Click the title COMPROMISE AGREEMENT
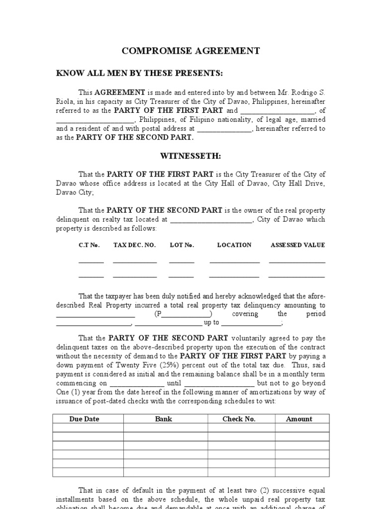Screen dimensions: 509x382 [191, 51]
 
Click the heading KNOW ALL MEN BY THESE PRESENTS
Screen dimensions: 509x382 [139, 74]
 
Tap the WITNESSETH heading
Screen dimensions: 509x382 [191, 156]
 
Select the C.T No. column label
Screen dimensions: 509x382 [90, 245]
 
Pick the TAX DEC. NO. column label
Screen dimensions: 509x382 [134, 245]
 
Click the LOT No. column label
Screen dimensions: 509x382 [182, 245]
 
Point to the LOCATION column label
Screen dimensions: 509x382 [234, 245]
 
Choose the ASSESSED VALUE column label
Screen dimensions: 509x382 [297, 245]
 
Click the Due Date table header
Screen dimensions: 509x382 [85, 419]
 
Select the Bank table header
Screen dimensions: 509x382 [164, 419]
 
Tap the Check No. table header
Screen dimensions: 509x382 [239, 419]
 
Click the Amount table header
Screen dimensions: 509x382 [299, 419]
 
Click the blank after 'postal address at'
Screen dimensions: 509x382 [225, 128]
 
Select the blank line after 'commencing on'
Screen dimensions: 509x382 [137, 383]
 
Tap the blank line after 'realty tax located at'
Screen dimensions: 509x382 [211, 219]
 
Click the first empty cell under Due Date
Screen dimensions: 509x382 [88, 428]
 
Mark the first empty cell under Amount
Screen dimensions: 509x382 [302, 428]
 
